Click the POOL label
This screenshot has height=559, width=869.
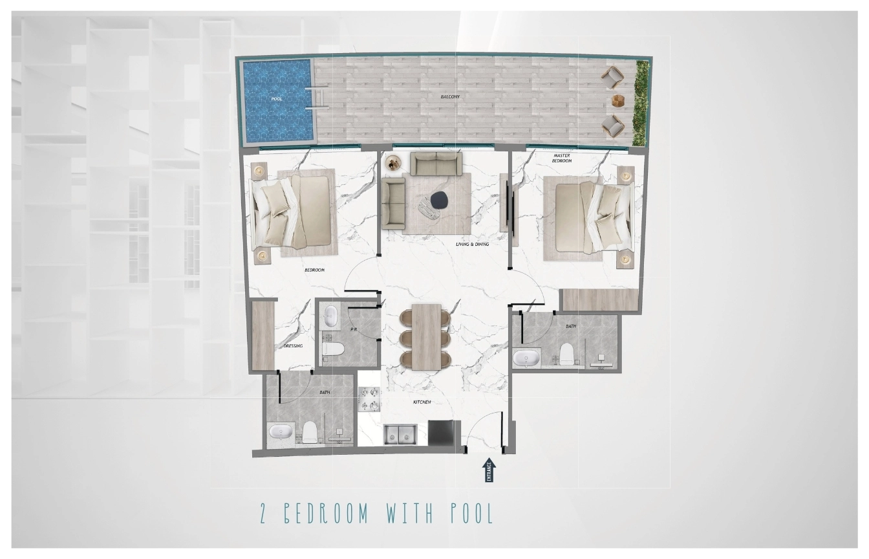click(277, 99)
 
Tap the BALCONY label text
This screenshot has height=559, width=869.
click(450, 96)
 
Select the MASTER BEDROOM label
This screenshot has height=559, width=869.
click(562, 158)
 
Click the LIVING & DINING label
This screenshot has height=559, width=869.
click(472, 244)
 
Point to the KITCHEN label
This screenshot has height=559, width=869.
click(422, 402)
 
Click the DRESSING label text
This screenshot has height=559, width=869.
click(293, 345)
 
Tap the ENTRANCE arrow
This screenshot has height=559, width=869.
click(489, 470)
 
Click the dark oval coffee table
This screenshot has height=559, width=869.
click(440, 201)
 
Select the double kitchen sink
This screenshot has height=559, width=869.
click(400, 434)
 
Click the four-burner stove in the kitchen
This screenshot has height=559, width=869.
click(370, 399)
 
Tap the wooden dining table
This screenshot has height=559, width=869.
click(426, 336)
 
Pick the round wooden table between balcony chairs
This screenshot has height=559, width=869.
click(618, 101)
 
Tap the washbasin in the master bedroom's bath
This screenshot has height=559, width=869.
click(526, 358)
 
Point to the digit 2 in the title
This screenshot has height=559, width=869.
click(264, 514)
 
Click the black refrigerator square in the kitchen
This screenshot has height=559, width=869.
click(440, 432)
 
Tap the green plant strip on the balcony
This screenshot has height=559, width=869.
click(641, 104)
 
